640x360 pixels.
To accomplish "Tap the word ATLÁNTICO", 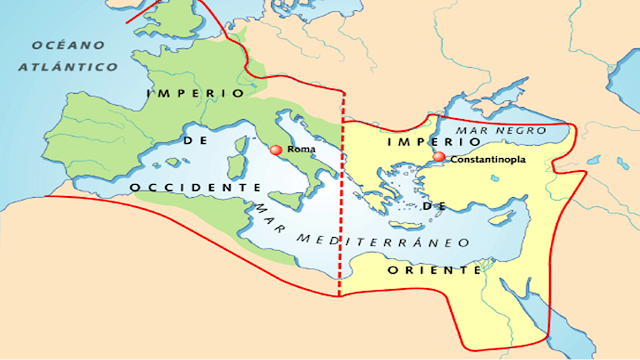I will click(x=67, y=66).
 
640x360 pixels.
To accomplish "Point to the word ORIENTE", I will click(x=435, y=270).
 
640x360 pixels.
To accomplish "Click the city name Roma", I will click(x=300, y=151).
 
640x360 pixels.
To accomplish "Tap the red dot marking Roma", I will click(x=276, y=150).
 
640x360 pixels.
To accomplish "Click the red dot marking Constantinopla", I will click(x=438, y=157).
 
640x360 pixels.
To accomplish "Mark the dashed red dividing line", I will click(x=341, y=200).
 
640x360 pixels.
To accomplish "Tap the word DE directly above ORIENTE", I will click(x=435, y=205).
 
